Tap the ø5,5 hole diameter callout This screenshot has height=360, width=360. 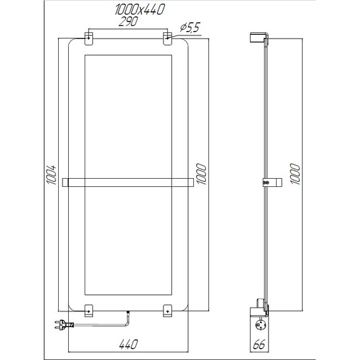pyautogui.click(x=190, y=27)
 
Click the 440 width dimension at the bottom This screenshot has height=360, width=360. pyautogui.click(x=128, y=344)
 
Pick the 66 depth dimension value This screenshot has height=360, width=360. pyautogui.click(x=259, y=345)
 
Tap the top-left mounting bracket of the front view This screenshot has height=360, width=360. pyautogui.click(x=89, y=38)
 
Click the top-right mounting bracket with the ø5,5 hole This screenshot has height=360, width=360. pyautogui.click(x=167, y=38)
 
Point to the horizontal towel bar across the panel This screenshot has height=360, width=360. pyautogui.click(x=128, y=183)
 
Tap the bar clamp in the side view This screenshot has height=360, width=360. pyautogui.click(x=267, y=183)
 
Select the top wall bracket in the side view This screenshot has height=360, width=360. pyautogui.click(x=259, y=37)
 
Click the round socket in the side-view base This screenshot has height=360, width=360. pyautogui.click(x=260, y=326)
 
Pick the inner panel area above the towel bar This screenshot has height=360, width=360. pyautogui.click(x=128, y=114)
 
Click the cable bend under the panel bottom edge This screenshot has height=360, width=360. pyautogui.click(x=125, y=322)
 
